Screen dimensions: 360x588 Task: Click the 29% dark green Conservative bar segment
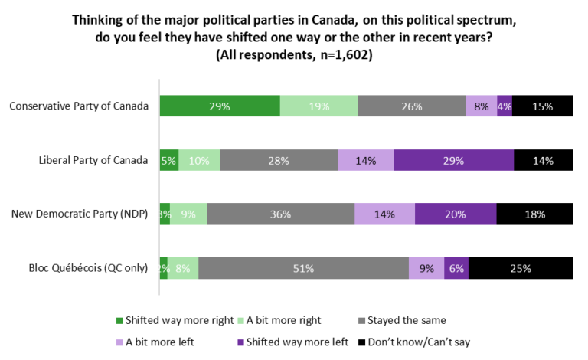220,106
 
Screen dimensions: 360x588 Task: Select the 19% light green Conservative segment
318,106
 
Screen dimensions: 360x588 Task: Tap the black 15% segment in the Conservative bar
542,106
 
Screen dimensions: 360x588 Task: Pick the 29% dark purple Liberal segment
454,160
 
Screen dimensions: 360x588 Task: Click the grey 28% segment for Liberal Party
279,160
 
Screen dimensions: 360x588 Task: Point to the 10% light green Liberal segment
199,160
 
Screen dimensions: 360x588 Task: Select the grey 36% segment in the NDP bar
280,214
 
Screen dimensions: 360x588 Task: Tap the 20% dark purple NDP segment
456,214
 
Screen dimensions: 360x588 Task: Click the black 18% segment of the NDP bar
534,214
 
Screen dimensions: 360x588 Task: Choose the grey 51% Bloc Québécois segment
303,268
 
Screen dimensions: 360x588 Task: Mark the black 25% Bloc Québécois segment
521,268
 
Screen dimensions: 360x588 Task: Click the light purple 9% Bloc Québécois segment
426,268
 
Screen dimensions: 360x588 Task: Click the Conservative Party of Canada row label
78,106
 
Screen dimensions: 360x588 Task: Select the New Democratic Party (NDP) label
80,214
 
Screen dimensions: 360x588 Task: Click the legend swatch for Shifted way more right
119,320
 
